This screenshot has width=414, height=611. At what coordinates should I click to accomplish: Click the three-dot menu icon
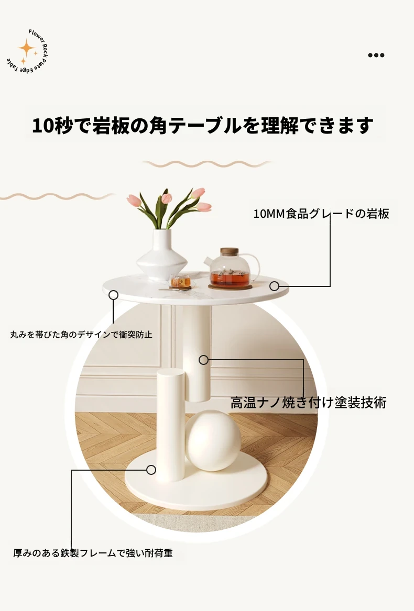point(376,55)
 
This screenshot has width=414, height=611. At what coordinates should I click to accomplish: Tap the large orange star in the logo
point(26,48)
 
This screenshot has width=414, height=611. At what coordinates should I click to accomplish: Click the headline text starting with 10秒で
point(202,126)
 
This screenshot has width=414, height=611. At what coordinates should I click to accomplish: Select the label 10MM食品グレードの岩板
point(321,214)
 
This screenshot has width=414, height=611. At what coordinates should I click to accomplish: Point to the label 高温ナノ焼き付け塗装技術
point(308,403)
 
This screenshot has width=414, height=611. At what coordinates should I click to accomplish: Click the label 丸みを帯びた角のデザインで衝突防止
point(81,335)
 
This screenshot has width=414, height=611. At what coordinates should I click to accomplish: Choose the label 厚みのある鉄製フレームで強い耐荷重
point(93,553)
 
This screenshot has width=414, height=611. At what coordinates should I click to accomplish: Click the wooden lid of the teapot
point(230,251)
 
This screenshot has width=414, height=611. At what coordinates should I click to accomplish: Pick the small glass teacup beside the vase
point(180,282)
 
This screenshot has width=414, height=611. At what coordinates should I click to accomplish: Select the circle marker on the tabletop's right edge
point(274,286)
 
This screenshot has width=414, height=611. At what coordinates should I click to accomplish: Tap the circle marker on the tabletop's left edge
point(114,295)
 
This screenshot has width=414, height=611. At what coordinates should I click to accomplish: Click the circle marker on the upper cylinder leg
point(203,360)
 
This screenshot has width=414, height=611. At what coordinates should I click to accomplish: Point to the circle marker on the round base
point(151,470)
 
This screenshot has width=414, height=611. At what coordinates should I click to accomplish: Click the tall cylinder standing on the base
point(171,425)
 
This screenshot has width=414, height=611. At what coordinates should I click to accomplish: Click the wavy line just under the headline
point(207,164)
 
